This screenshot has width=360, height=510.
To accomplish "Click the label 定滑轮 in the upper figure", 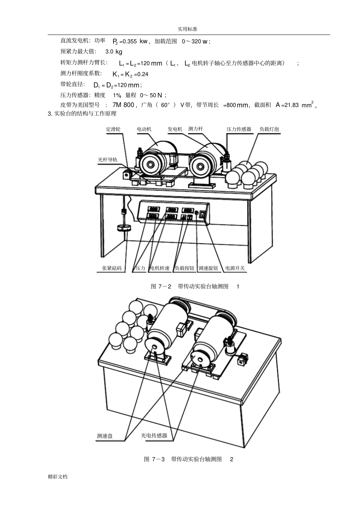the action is [113, 129].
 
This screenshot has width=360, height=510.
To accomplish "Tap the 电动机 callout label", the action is [144, 129].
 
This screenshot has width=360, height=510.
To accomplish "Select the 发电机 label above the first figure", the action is [175, 129].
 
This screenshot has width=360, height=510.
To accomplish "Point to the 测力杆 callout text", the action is [196, 129].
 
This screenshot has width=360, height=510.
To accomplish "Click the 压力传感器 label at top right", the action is [239, 129].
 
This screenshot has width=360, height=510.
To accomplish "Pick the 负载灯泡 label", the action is [269, 129].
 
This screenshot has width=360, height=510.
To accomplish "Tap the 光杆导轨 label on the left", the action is [108, 160].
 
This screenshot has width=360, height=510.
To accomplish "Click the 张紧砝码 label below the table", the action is [111, 268].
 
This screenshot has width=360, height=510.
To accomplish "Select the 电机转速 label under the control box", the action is [160, 268].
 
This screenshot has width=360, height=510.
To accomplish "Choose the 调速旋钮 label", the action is [208, 268].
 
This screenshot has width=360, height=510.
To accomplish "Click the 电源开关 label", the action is [235, 268].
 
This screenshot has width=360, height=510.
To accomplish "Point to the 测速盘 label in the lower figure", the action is [105, 436].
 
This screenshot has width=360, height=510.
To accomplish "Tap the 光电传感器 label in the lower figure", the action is [154, 436].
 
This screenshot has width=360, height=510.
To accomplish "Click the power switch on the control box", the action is [202, 214].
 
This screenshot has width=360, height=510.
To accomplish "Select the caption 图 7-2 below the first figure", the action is [161, 286].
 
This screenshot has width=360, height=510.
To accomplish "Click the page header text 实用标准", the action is [188, 29].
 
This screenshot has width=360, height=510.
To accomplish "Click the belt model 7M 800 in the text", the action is [123, 105].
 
